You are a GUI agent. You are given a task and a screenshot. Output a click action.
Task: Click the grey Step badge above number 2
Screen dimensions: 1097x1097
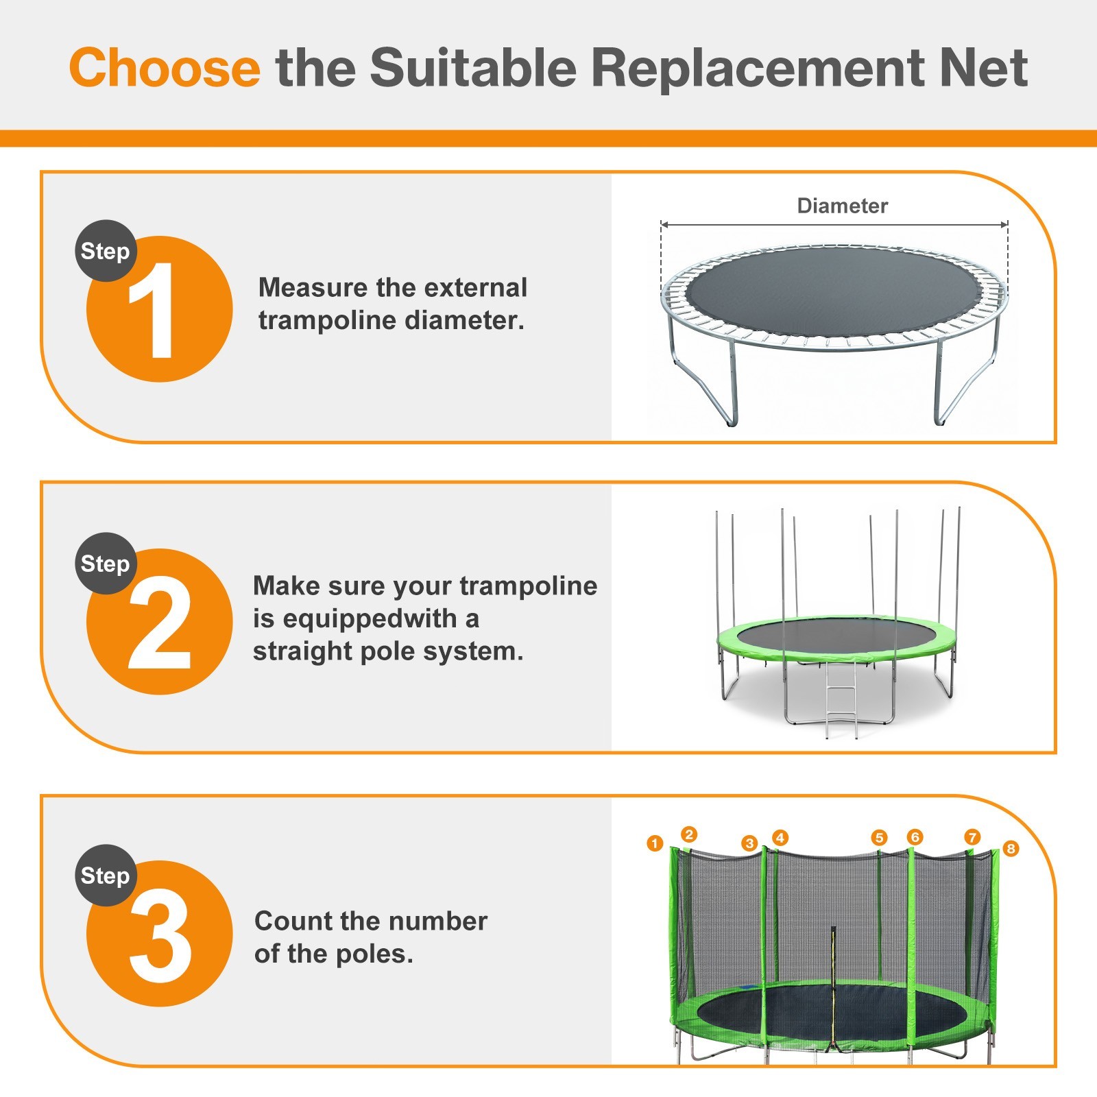105,564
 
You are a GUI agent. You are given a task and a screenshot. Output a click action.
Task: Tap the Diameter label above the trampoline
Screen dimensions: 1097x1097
842,206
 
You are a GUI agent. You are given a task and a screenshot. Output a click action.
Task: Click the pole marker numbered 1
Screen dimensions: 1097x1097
655,843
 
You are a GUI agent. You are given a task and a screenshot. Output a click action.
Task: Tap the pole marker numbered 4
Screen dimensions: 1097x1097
780,838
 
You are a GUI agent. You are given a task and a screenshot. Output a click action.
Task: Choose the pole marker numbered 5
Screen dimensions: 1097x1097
879,838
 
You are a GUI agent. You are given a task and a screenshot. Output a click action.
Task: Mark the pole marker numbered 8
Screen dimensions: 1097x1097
1010,849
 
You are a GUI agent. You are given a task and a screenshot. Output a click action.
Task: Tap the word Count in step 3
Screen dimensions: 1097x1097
293,921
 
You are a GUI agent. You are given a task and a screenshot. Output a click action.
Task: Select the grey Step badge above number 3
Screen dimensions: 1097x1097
105,876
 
